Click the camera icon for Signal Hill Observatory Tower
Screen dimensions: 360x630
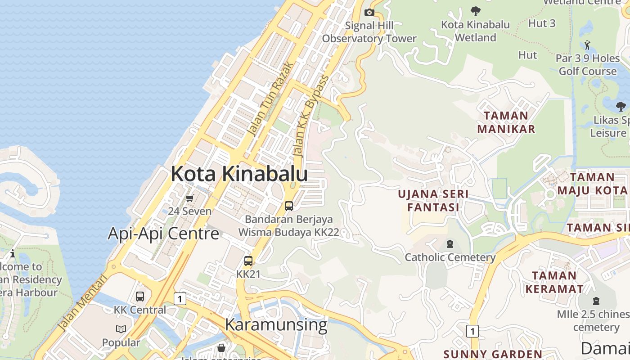click(369, 12)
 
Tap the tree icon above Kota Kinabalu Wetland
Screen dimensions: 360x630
click(475, 11)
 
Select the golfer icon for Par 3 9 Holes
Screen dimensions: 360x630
click(587, 45)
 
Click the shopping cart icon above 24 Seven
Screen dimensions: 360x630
click(190, 198)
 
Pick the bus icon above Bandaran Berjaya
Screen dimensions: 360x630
click(289, 206)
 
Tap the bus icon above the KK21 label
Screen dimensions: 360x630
click(248, 261)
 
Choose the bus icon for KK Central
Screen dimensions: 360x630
click(140, 297)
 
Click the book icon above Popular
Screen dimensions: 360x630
click(121, 329)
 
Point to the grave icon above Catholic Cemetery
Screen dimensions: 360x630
click(450, 244)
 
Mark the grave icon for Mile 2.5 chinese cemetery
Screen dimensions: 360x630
click(596, 301)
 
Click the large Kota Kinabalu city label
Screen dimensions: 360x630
click(239, 174)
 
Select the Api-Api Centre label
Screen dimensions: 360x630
click(163, 234)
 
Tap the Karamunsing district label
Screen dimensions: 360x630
click(276, 324)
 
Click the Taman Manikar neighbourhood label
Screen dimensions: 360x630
click(506, 122)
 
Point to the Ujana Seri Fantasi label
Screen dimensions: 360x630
click(433, 201)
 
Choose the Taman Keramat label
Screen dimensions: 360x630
click(554, 282)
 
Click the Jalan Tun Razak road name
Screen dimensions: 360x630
click(271, 100)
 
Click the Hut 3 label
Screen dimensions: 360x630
click(541, 23)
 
